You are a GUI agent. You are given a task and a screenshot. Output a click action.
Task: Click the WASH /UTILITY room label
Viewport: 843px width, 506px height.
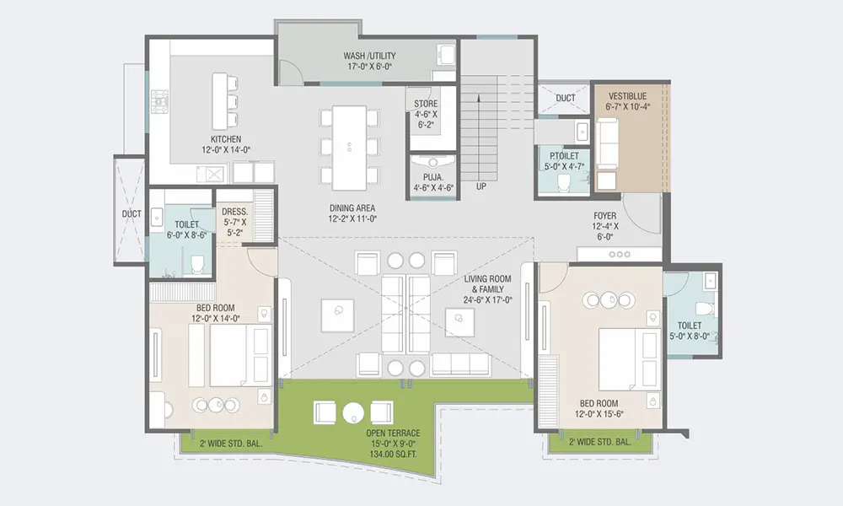(369, 56)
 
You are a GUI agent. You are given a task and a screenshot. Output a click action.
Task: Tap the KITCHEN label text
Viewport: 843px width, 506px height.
(226, 139)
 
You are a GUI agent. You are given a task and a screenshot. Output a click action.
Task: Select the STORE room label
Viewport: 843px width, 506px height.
(426, 104)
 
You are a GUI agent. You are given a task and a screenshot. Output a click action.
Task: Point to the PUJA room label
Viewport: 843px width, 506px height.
(433, 177)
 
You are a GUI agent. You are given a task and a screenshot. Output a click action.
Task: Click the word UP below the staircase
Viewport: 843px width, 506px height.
(481, 186)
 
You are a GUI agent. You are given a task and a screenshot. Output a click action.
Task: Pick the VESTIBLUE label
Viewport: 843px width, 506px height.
(627, 96)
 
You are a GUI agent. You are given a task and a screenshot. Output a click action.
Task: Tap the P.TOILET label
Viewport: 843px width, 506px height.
(565, 156)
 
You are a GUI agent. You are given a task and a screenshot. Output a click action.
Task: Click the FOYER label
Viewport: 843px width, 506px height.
(604, 216)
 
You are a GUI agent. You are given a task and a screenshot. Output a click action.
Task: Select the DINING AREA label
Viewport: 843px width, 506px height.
(352, 208)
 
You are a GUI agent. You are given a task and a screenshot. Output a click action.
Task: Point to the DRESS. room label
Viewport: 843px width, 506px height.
(235, 212)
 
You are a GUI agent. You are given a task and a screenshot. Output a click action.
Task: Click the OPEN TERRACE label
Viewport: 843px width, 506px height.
(393, 433)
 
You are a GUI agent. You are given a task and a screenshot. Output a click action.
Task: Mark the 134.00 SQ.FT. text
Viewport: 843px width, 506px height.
(393, 455)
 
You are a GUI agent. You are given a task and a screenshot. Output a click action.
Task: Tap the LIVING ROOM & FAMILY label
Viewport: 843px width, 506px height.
(487, 284)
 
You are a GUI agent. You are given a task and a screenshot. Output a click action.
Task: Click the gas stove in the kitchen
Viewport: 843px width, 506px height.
(159, 102)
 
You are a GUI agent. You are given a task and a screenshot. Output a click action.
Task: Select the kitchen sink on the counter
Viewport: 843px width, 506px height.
(212, 174)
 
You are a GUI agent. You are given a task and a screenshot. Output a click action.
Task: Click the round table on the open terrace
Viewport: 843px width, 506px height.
(354, 413)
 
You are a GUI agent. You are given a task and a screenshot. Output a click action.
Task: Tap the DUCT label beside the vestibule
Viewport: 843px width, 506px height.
(566, 99)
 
